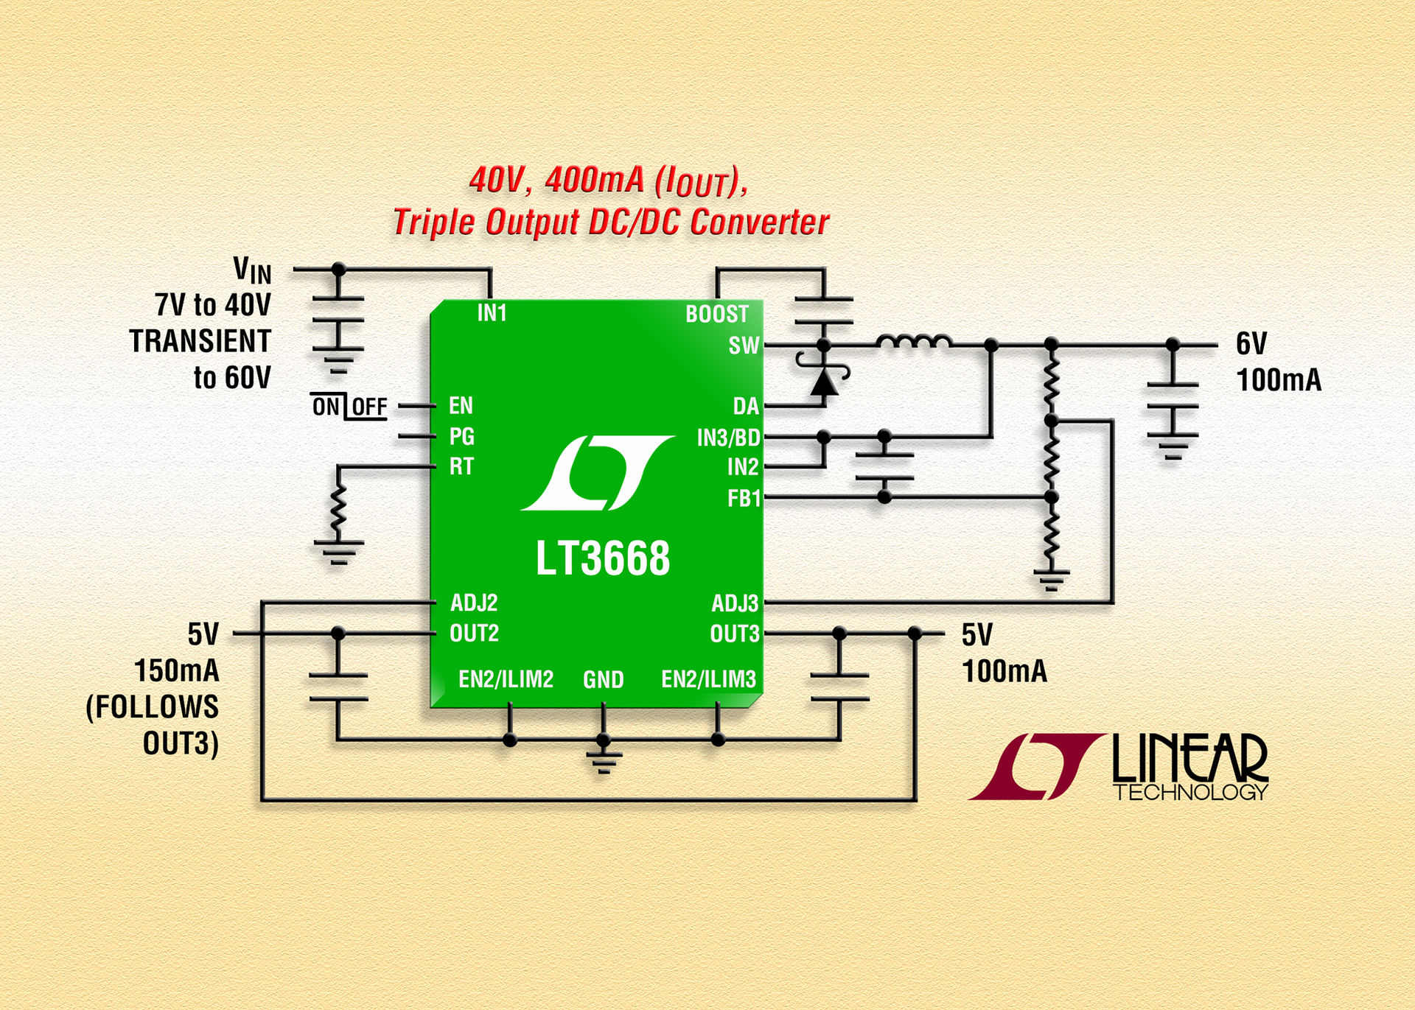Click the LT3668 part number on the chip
[602, 558]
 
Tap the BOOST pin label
[716, 315]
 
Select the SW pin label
[743, 346]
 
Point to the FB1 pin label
[743, 499]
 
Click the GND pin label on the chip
[603, 679]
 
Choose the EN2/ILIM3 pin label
[708, 679]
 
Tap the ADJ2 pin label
[474, 603]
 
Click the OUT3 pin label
[734, 634]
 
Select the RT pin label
[461, 466]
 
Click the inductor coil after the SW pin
[914, 343]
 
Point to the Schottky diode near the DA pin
[823, 382]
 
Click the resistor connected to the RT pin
[338, 508]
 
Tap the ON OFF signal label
[349, 407]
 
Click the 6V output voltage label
[1251, 344]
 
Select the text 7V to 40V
[213, 305]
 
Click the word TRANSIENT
[200, 342]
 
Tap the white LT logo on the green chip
[597, 473]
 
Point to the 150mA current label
[177, 671]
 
